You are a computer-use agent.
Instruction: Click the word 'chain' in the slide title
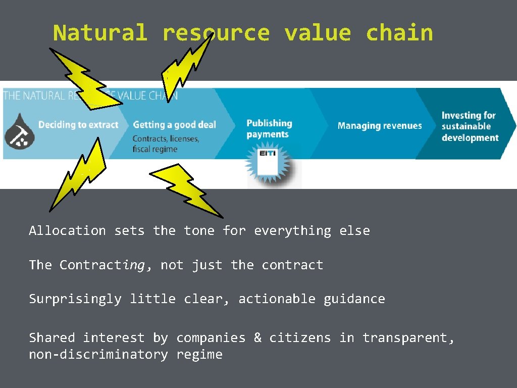coord(399,33)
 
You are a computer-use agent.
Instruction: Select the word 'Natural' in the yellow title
coord(100,33)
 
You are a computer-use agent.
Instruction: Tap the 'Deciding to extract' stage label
coord(78,125)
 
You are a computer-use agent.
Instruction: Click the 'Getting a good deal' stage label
coord(174,125)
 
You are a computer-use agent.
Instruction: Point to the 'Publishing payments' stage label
coord(269,128)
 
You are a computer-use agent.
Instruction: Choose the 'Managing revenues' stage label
coord(380,126)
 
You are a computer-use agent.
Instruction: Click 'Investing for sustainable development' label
coord(470,126)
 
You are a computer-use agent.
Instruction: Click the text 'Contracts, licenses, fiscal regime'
coord(166,143)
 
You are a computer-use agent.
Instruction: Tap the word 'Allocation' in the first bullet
coord(67,231)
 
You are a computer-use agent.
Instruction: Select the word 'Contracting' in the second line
coord(102,265)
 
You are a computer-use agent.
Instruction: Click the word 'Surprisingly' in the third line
coord(75,299)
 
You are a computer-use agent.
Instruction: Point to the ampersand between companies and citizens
coord(257,337)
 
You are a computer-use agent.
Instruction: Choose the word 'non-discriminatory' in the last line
coord(98,355)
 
